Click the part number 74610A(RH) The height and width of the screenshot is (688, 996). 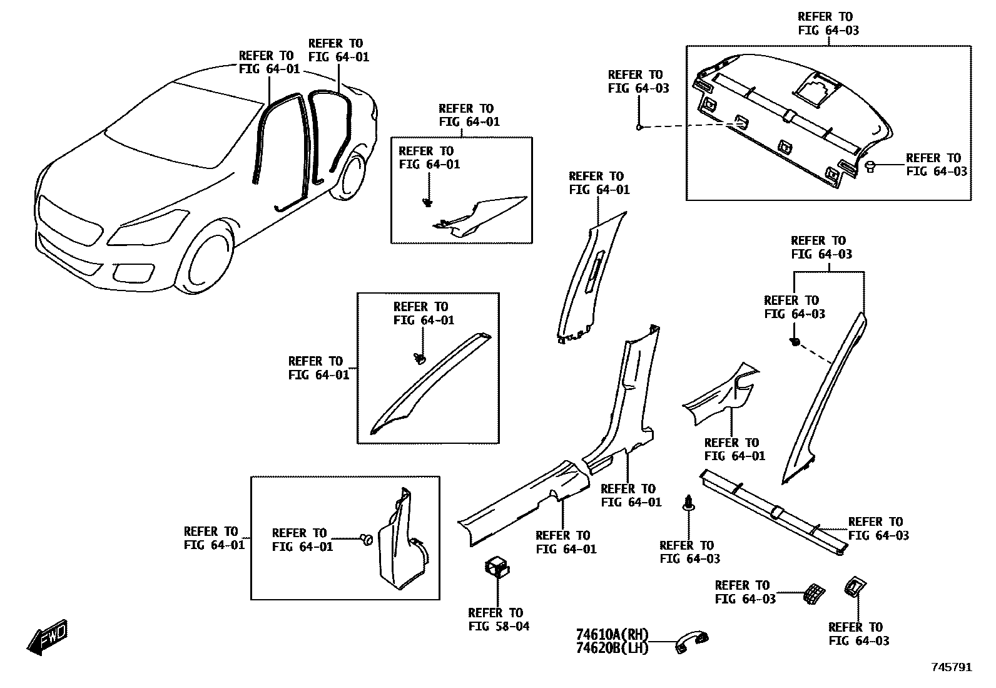click(612, 634)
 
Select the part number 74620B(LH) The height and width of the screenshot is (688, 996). click(612, 648)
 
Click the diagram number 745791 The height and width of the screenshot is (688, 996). click(952, 667)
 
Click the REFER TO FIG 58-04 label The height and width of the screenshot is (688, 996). click(499, 619)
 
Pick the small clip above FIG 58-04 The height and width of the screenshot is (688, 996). click(497, 567)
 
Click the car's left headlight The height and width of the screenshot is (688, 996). click(148, 229)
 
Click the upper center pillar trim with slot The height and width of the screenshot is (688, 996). click(591, 275)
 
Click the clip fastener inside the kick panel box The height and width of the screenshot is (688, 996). click(367, 539)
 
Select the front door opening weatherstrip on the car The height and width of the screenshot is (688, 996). click(282, 144)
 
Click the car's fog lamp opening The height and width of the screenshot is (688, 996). click(133, 273)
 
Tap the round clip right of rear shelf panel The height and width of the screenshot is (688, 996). click(870, 165)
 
